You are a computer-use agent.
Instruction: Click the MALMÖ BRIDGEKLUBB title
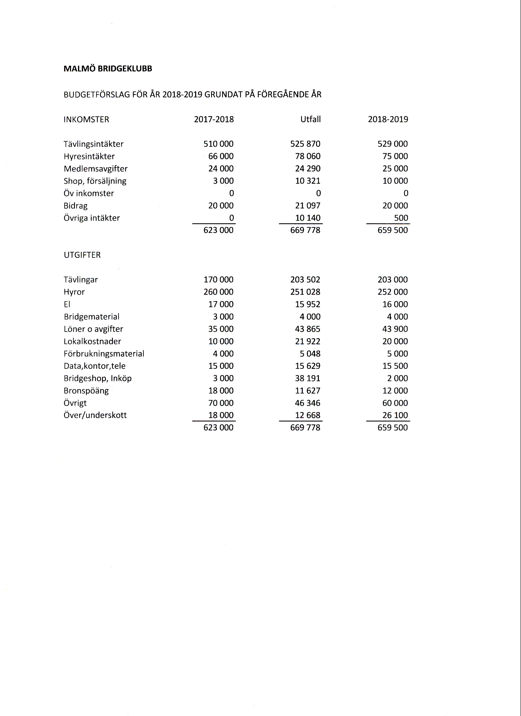point(108,69)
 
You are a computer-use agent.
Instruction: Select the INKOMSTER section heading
point(86,120)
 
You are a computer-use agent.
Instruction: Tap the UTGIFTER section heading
point(82,255)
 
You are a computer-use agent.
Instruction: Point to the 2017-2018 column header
point(214,119)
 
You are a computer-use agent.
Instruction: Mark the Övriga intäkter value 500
point(401,218)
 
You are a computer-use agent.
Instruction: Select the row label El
point(67,304)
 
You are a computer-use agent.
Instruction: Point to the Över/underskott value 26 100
point(395,415)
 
